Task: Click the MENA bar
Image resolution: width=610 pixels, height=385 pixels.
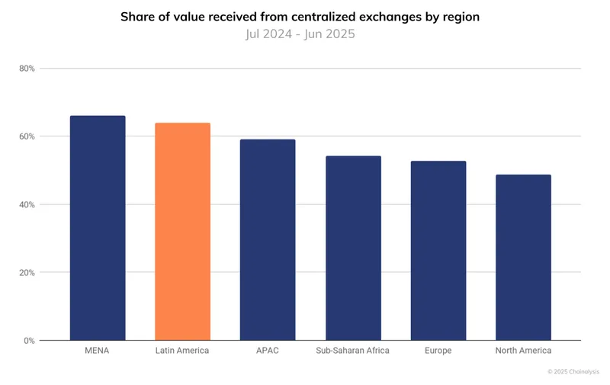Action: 98,228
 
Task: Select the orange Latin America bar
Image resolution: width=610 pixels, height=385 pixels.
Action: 182,232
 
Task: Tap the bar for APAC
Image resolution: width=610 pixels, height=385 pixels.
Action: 268,240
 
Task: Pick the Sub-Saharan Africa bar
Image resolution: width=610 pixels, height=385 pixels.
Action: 353,249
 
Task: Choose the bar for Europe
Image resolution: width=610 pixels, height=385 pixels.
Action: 438,251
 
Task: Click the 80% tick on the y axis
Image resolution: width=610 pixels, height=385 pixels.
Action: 27,69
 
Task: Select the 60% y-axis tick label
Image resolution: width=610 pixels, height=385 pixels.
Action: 27,136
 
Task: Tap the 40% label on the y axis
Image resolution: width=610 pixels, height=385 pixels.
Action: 27,204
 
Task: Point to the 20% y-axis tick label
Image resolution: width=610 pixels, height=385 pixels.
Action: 27,272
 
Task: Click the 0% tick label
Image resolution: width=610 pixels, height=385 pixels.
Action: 29,341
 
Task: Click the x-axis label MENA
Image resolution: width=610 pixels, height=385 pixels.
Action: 98,351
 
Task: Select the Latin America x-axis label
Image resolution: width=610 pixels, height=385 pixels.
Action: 182,351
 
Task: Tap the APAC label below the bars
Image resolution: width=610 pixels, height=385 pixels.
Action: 268,351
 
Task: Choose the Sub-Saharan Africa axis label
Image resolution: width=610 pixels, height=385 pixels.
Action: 353,351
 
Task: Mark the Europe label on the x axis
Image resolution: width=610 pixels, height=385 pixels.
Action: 438,351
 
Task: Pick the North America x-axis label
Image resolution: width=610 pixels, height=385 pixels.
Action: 523,351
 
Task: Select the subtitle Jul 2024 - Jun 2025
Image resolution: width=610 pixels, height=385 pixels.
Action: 300,34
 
